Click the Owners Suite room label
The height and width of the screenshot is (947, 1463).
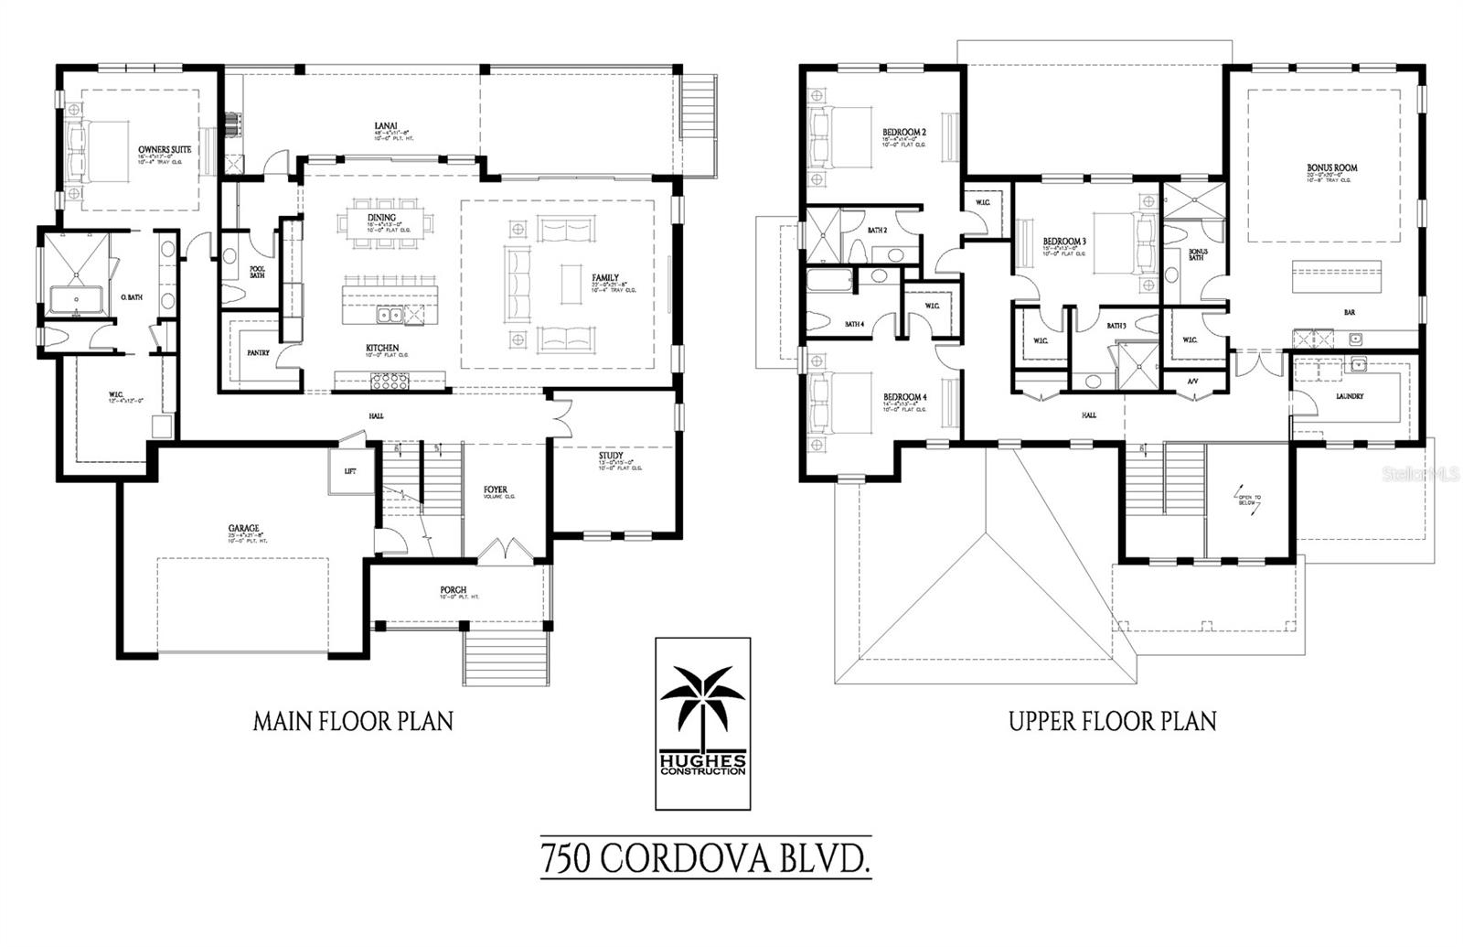coord(165,148)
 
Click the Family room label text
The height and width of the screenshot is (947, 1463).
coord(604,278)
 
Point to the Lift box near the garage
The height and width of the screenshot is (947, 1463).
coord(349,471)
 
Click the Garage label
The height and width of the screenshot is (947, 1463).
coord(243,528)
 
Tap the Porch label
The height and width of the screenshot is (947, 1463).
coord(453,590)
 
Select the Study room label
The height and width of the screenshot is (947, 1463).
coord(611,456)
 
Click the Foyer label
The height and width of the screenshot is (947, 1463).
coord(495,490)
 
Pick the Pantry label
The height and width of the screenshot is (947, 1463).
coord(258,352)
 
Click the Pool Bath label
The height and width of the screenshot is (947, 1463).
coord(257,272)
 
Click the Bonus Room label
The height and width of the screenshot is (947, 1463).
coord(1331,168)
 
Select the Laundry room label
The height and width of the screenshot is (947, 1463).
coord(1349,396)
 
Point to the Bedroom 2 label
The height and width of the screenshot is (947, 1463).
coord(904,132)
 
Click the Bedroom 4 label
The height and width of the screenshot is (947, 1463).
coord(904,397)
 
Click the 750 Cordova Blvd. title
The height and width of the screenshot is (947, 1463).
coord(704,860)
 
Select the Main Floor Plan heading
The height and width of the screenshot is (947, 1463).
coord(353,721)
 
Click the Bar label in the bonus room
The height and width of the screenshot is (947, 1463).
coord(1349,312)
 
